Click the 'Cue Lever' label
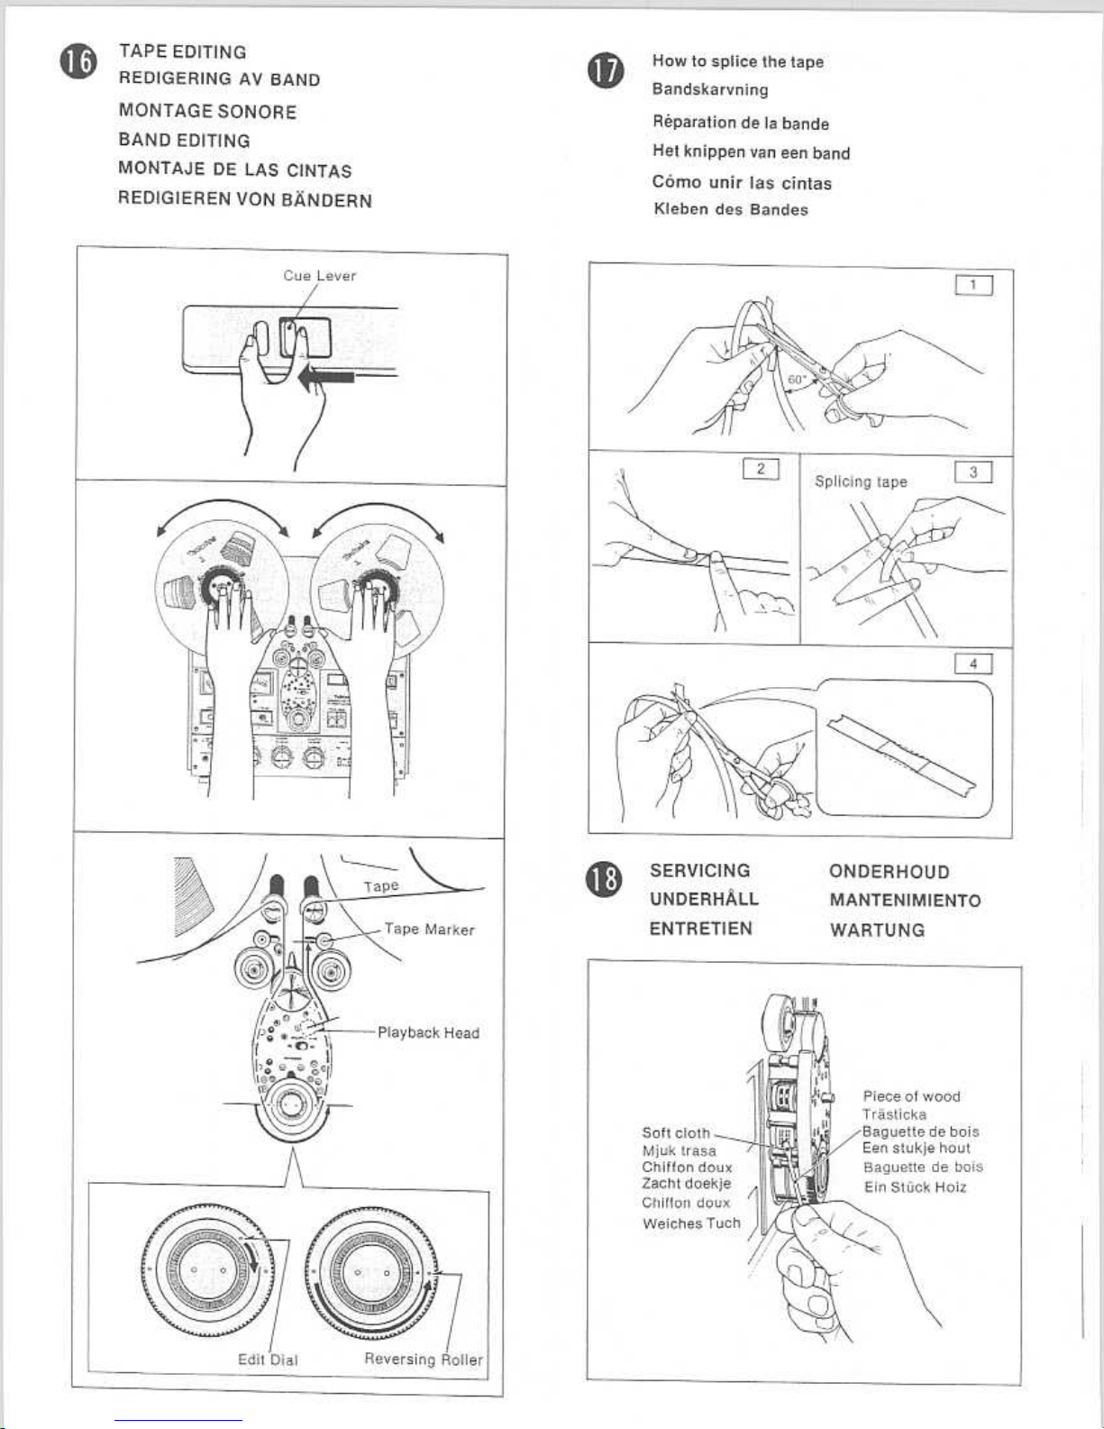coord(320,276)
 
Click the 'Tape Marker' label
coord(429,930)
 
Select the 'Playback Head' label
coord(428,1032)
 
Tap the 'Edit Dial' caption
coord(268,1360)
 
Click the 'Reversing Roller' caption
coord(424,1359)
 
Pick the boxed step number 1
coord(973,286)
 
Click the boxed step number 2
coord(761,468)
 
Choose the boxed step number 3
coord(973,472)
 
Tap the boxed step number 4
coord(973,664)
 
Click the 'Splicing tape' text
coord(861,481)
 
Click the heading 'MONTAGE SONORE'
coord(207,112)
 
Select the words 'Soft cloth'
coord(676,1132)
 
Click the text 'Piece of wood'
coord(911,1096)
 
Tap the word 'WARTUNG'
coord(877,930)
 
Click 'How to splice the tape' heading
coord(738,61)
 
